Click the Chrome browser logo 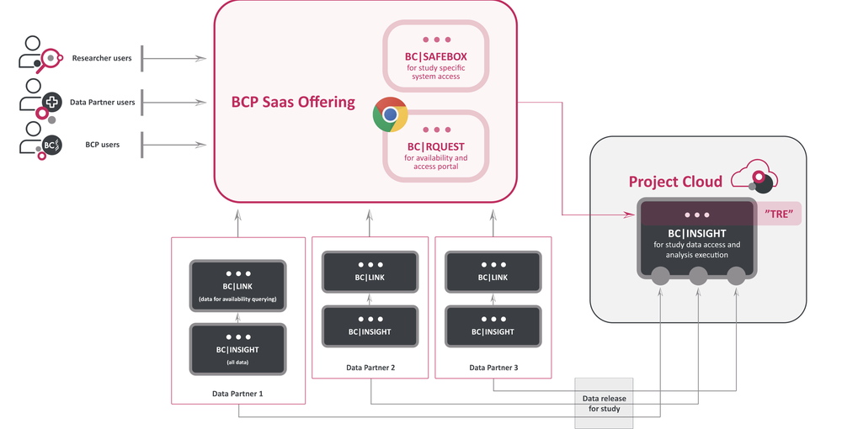click(391, 115)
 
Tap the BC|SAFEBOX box click(435, 56)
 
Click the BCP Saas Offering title click(293, 103)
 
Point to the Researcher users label click(102, 58)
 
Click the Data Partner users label click(102, 103)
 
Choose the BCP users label click(103, 145)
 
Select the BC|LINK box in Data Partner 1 click(238, 285)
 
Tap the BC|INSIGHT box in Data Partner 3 click(493, 326)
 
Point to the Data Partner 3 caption click(493, 368)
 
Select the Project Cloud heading click(675, 183)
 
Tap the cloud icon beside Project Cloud click(754, 177)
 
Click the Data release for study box click(604, 403)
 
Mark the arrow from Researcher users click(175, 58)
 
